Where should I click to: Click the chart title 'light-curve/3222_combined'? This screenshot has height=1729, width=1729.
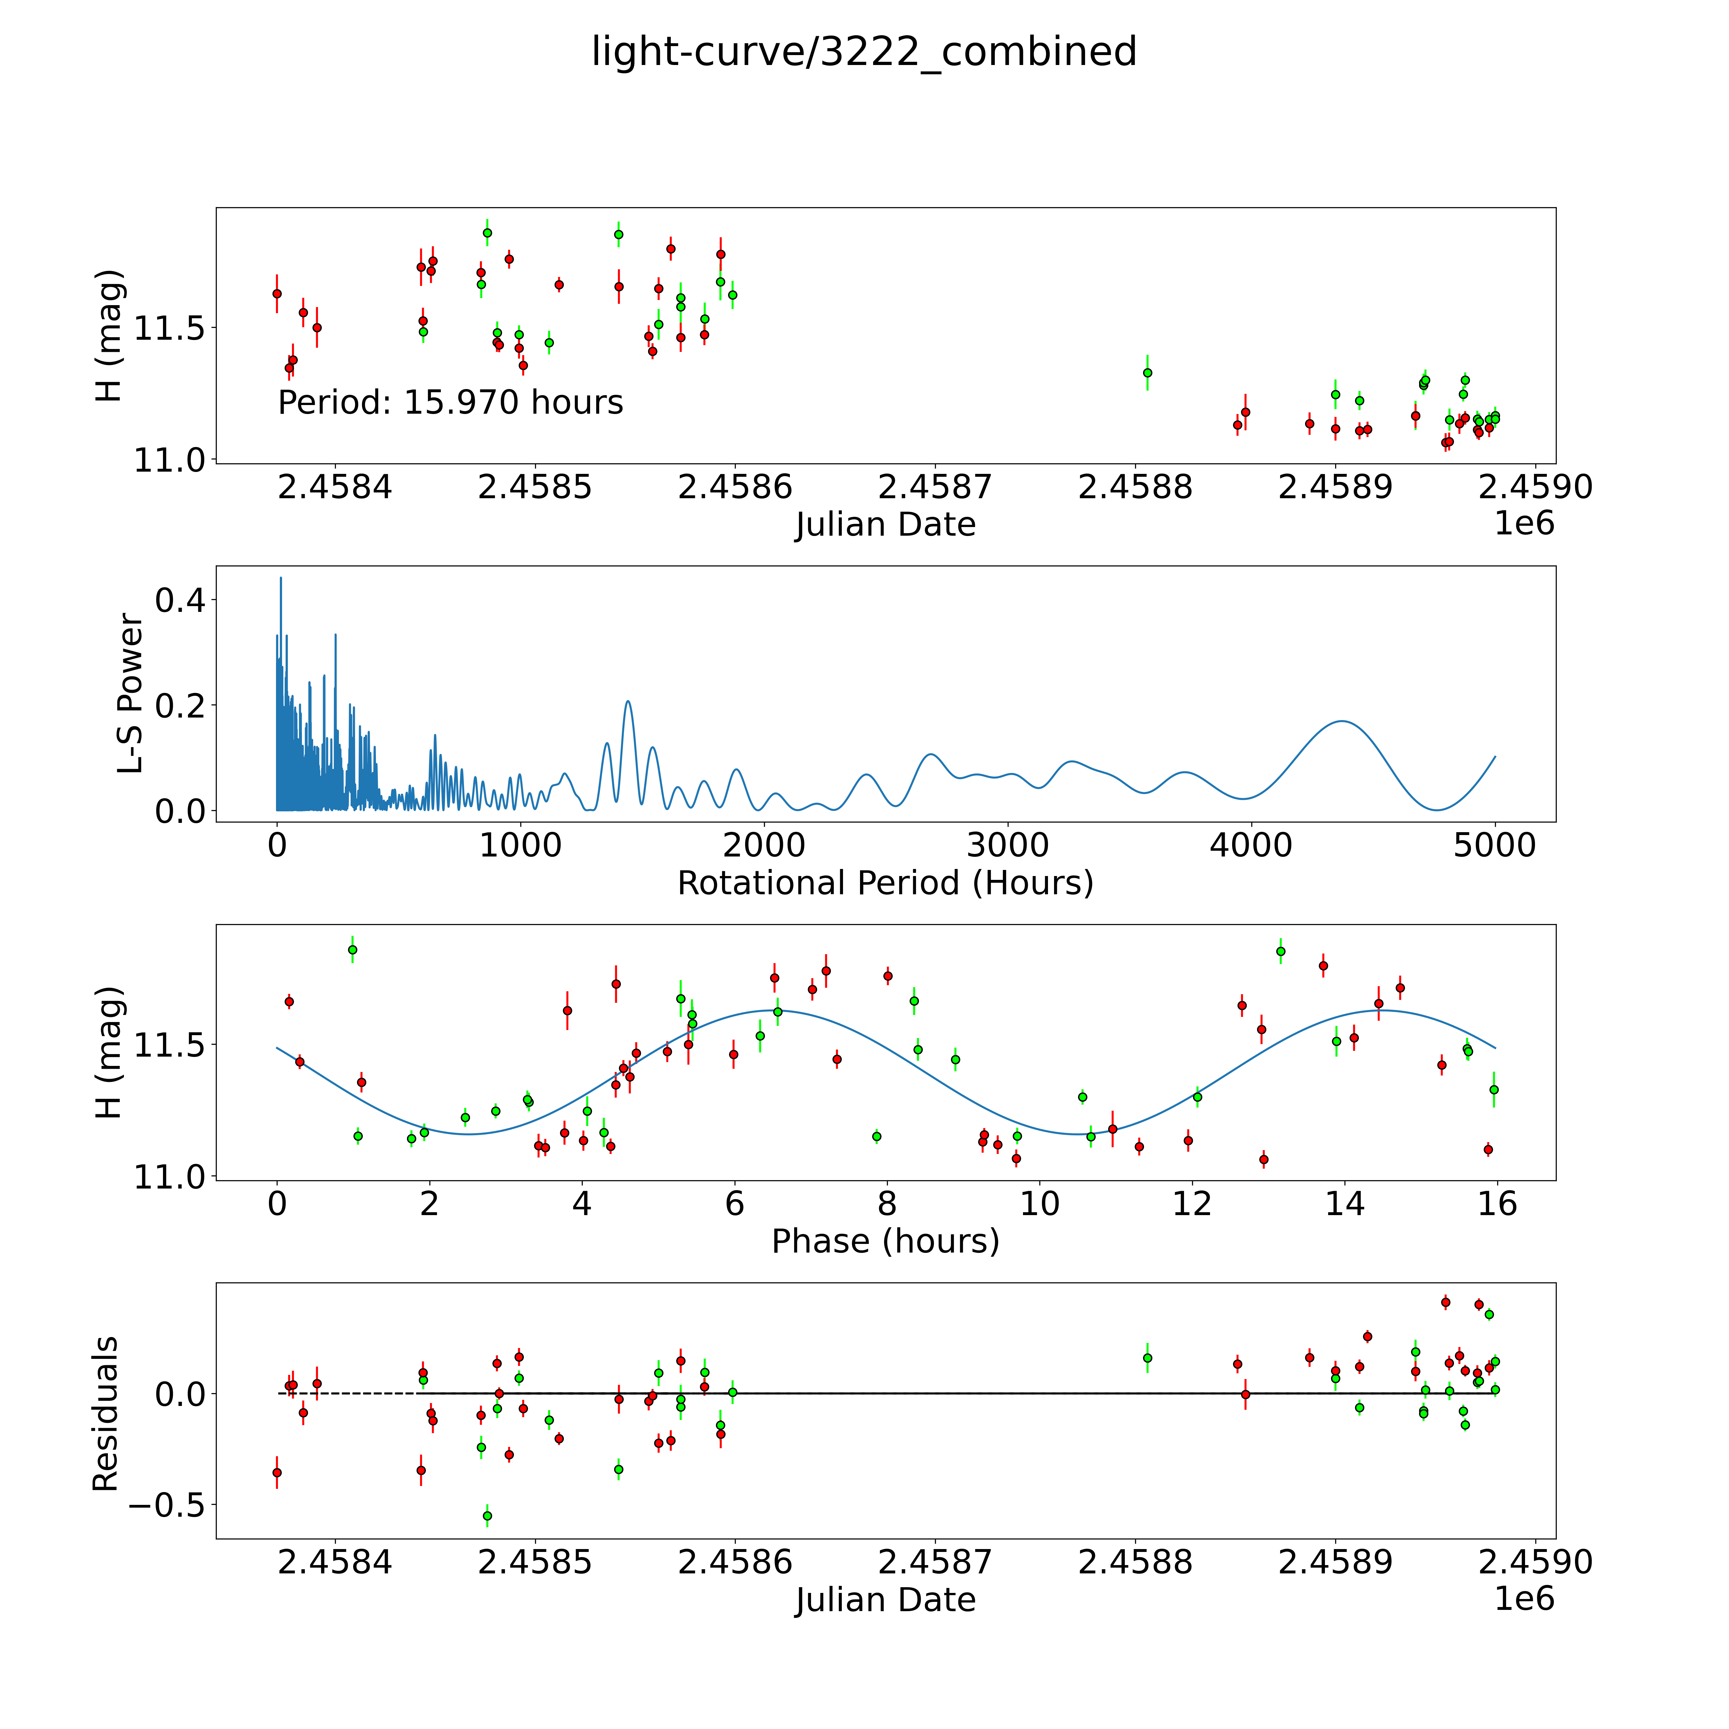click(x=864, y=52)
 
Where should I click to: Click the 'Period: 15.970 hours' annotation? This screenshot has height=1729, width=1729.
click(x=450, y=403)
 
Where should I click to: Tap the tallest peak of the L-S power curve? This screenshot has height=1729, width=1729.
click(x=281, y=578)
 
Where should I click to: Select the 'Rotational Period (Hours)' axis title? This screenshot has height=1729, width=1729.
click(x=885, y=883)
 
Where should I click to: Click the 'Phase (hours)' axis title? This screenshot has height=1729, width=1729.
click(x=885, y=1241)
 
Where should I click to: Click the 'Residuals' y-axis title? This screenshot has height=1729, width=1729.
click(x=106, y=1414)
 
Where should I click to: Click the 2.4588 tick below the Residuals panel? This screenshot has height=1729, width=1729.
click(x=1135, y=1562)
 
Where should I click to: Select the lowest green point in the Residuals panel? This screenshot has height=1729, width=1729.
click(x=487, y=1516)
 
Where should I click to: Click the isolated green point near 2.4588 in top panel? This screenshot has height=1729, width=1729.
click(x=1147, y=373)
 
